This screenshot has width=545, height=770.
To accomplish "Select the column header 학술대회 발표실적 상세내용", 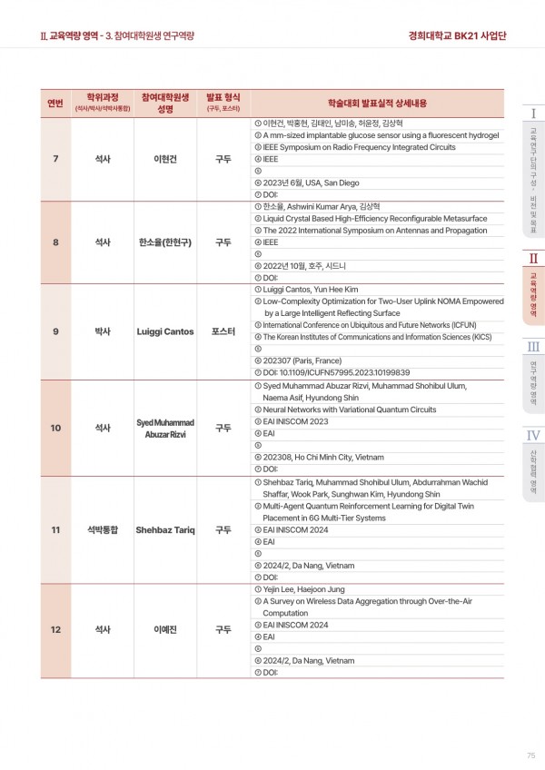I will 376,102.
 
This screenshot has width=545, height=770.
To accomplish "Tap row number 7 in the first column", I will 55,159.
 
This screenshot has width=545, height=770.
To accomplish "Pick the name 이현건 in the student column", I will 164,159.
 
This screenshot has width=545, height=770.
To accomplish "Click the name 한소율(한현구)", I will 164,242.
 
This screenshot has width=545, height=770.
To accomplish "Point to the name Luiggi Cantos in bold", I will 164,331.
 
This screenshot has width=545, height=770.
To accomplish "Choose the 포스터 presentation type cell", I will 223,331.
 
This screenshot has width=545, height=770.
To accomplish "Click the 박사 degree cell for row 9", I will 103,331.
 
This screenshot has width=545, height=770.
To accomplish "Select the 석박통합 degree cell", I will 103,529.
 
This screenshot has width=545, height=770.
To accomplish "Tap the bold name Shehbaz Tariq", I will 164,529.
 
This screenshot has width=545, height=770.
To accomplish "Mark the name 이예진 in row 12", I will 164,628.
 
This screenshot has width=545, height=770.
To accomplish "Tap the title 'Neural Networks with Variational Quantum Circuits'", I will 349,410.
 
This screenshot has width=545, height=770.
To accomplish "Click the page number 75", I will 530,756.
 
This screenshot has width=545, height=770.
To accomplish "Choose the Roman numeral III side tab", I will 534,347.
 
